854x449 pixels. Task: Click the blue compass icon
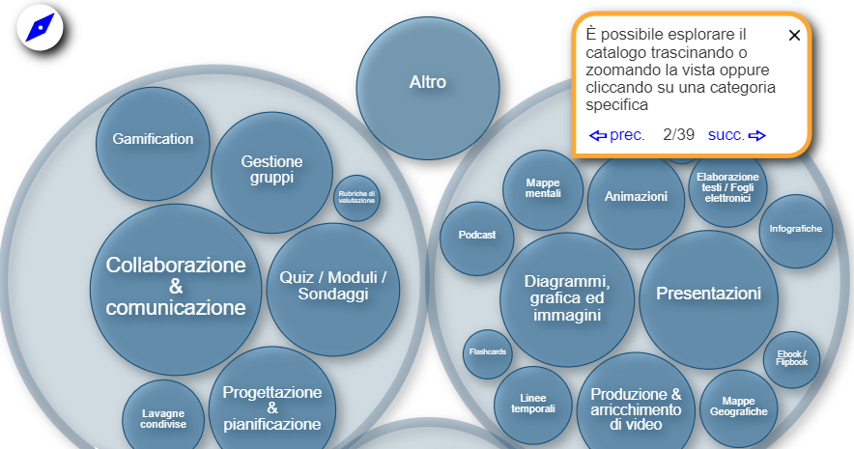(40, 28)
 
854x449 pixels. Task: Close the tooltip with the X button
(794, 36)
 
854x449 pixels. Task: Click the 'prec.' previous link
(617, 135)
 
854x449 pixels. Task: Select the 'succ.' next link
(736, 135)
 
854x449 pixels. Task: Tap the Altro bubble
(428, 83)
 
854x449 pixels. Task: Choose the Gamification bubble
(153, 139)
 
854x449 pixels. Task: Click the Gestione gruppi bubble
(271, 170)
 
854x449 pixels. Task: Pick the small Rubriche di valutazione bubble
(356, 197)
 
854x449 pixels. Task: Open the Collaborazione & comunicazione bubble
(176, 287)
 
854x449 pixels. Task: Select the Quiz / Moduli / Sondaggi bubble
(332, 286)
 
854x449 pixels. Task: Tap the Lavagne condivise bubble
(162, 418)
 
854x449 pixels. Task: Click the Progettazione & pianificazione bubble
(271, 407)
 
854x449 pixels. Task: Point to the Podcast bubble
(477, 236)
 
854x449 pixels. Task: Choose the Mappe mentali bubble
(543, 187)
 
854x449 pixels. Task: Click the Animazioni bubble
(636, 197)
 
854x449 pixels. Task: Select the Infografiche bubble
(795, 230)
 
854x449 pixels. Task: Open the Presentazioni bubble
(709, 294)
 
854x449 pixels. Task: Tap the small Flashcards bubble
(488, 352)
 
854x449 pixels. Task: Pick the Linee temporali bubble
(533, 404)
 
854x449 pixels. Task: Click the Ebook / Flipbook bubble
(791, 358)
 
